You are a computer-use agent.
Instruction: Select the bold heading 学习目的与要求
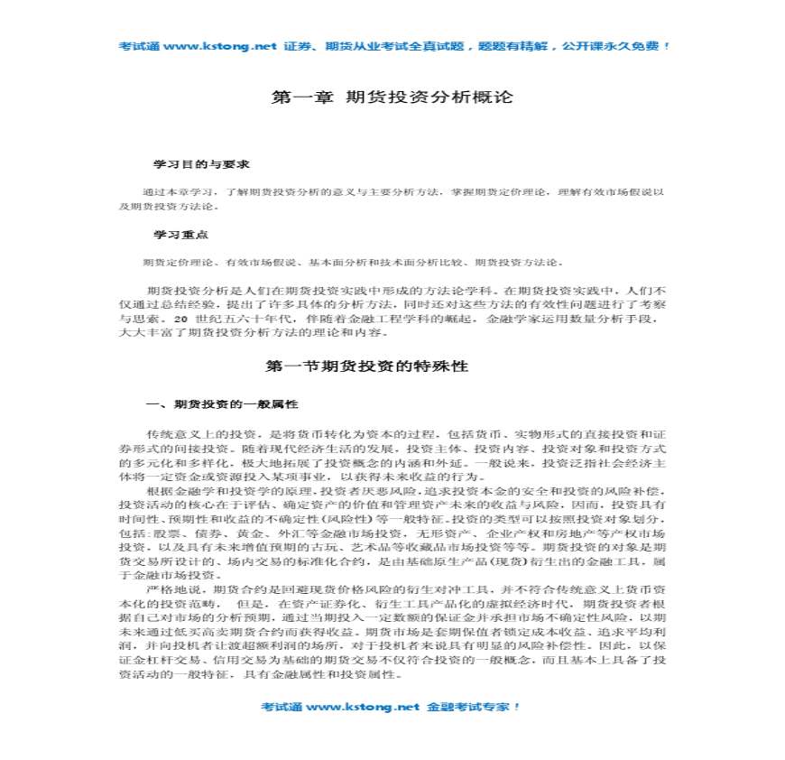(200, 166)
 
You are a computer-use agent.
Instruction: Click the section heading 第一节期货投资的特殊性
(366, 366)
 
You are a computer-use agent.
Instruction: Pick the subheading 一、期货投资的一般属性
(222, 403)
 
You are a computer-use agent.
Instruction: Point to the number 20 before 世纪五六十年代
(181, 320)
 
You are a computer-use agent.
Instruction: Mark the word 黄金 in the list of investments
(251, 533)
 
